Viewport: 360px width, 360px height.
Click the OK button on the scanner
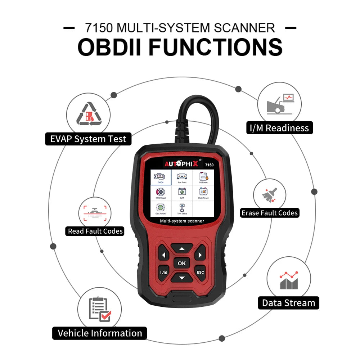point(181,263)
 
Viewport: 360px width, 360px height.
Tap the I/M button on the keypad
point(163,272)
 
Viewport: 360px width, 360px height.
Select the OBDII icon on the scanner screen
point(161,177)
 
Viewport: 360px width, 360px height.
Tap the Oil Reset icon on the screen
point(203,177)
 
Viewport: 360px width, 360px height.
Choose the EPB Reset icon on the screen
point(161,193)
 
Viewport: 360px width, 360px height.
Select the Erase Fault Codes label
point(270,213)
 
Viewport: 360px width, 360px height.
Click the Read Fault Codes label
point(95,231)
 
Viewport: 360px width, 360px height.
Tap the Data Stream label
point(288,303)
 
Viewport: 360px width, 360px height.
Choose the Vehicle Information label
point(100,333)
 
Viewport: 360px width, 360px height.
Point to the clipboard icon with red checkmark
point(99,309)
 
